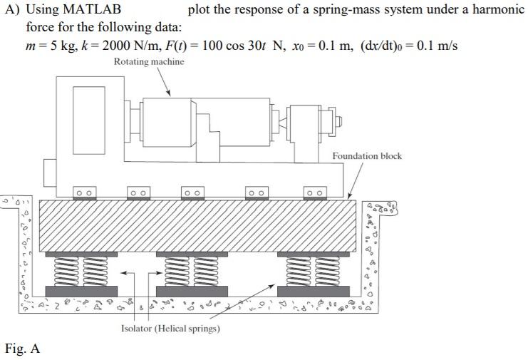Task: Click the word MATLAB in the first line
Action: pyautogui.click(x=83, y=9)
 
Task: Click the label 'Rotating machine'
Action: pyautogui.click(x=149, y=62)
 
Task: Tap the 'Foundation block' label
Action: pyautogui.click(x=366, y=156)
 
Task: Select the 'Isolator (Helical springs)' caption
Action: pyautogui.click(x=170, y=329)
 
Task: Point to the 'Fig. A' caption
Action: pyautogui.click(x=22, y=349)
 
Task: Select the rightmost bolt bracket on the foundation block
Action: pyautogui.click(x=314, y=192)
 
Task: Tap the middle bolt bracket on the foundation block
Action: pyautogui.click(x=191, y=192)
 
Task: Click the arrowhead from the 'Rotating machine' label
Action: pyautogui.click(x=169, y=93)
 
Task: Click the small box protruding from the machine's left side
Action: pyautogui.click(x=50, y=171)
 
